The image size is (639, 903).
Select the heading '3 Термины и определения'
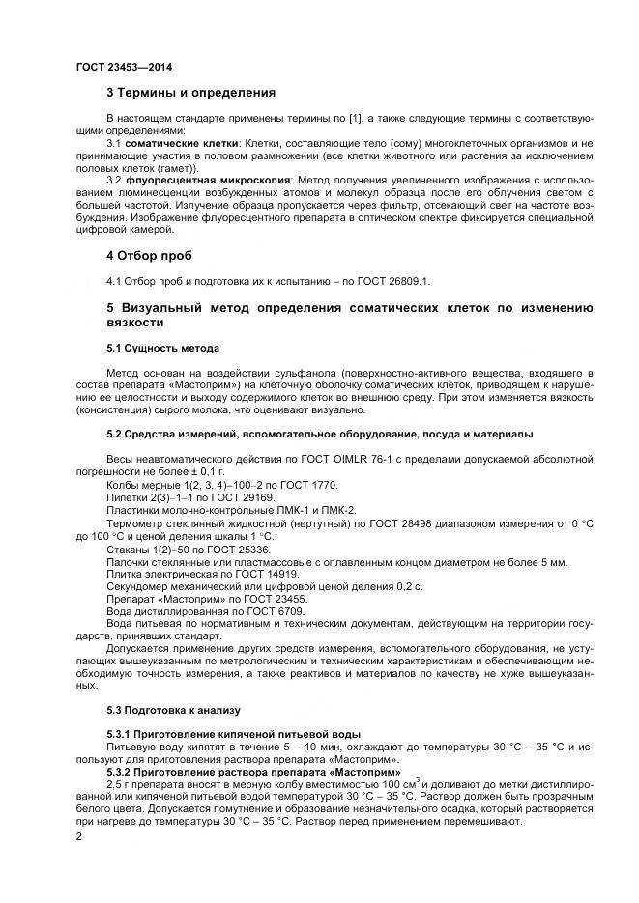pyautogui.click(x=190, y=93)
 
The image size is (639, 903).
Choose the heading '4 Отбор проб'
pyautogui.click(x=149, y=256)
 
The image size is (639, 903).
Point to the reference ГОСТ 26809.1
pyautogui.click(x=392, y=281)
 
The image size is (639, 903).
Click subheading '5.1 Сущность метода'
pyautogui.click(x=162, y=348)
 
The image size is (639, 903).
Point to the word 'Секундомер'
pyautogui.click(x=137, y=586)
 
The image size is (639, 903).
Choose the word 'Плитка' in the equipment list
pyautogui.click(x=125, y=574)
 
